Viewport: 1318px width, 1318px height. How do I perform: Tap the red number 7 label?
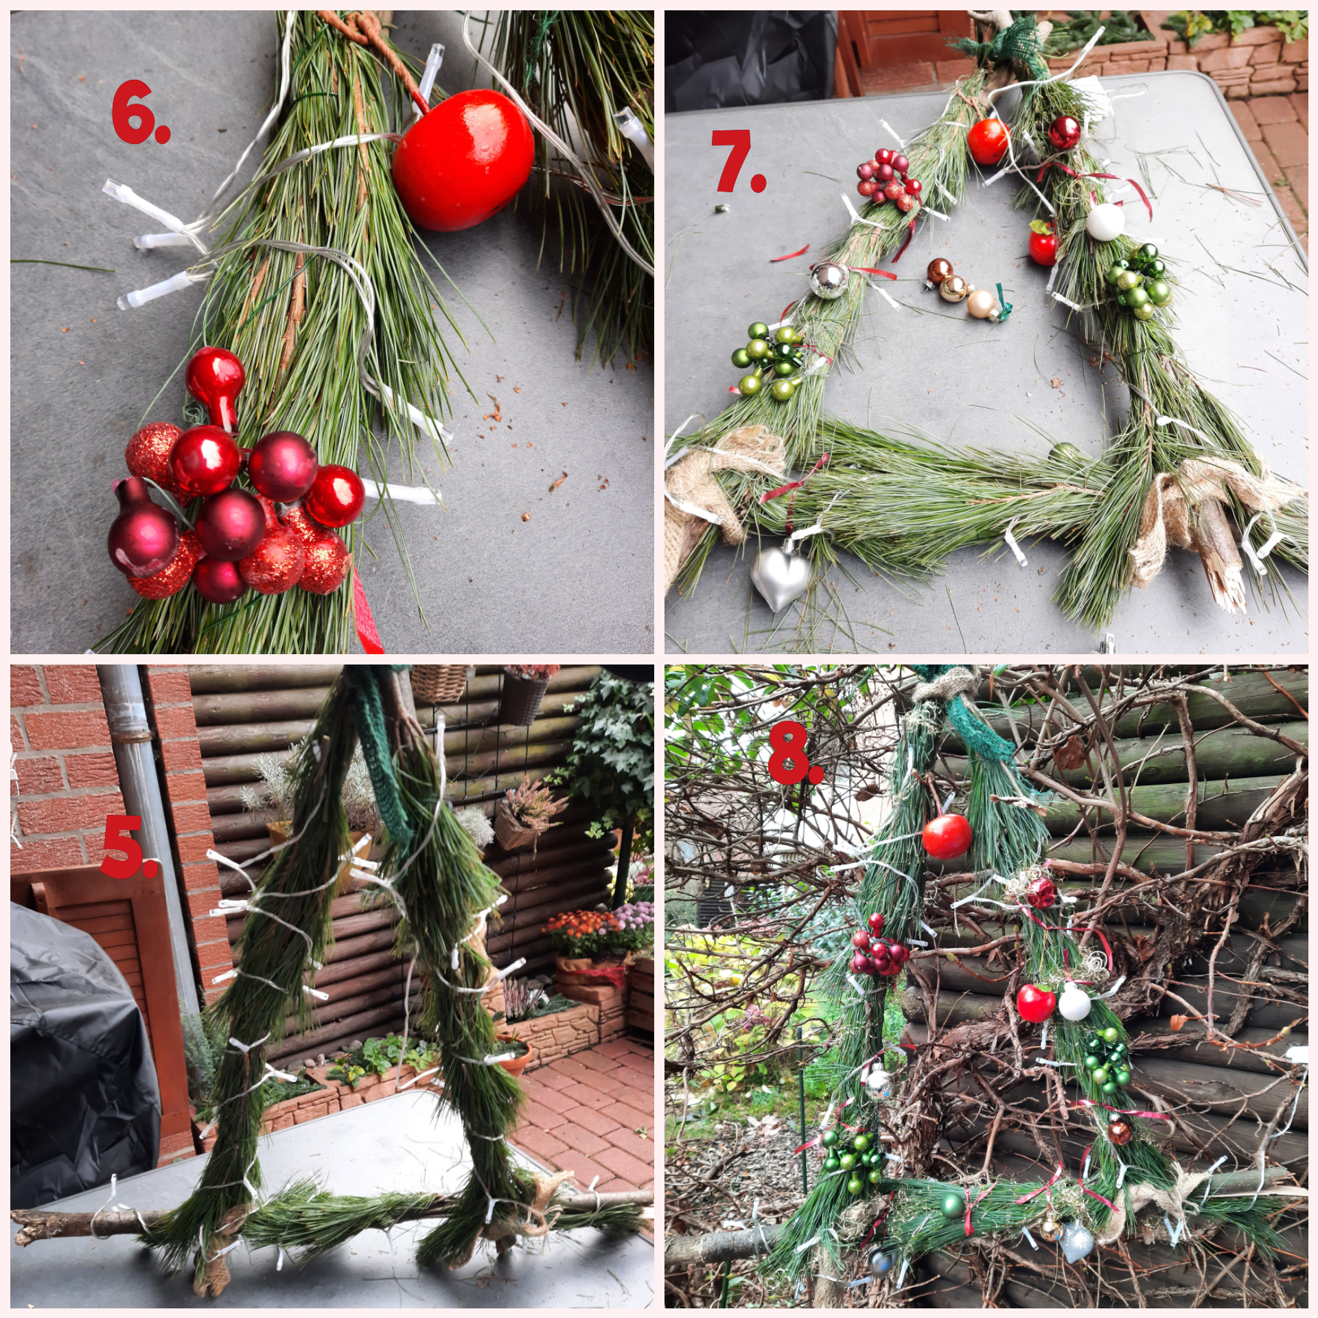click(738, 161)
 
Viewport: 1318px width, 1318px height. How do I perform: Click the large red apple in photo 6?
click(463, 159)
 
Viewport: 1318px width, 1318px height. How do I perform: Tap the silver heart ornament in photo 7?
click(781, 574)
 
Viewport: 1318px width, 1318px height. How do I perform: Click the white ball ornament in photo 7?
click(1105, 222)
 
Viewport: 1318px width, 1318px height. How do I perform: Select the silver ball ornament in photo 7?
click(829, 280)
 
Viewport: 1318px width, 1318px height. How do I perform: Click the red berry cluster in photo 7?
click(886, 180)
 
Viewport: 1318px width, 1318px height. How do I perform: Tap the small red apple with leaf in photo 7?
click(1043, 243)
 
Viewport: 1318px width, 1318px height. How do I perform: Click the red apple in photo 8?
click(947, 836)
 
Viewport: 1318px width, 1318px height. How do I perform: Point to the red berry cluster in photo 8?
click(878, 946)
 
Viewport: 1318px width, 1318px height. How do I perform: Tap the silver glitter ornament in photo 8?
click(1076, 1242)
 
